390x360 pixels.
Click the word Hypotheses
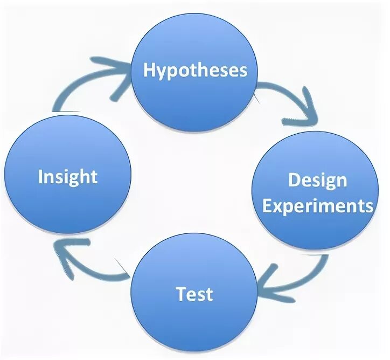point(195,70)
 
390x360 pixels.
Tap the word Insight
point(68,177)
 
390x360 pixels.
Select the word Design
point(317,180)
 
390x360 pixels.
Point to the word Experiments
point(318,206)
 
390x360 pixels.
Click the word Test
point(194,294)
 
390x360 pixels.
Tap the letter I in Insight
point(41,176)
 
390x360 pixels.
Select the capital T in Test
point(181,294)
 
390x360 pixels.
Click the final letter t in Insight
point(94,177)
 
